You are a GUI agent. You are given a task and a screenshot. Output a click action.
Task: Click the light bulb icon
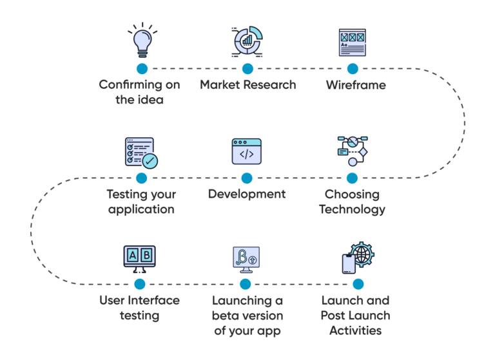tap(142, 40)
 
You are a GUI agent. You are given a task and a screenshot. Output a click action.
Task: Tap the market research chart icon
tap(247, 41)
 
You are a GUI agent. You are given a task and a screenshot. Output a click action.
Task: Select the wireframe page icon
tap(353, 43)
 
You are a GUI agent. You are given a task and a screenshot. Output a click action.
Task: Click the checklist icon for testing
tap(141, 153)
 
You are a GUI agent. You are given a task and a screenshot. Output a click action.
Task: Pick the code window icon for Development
tap(247, 151)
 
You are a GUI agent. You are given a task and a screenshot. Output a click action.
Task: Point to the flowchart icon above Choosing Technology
tap(353, 151)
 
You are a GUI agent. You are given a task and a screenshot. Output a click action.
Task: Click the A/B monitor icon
tap(139, 259)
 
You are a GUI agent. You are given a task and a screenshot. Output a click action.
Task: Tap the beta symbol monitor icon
tap(246, 260)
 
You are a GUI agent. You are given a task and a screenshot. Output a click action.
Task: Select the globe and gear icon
tap(358, 258)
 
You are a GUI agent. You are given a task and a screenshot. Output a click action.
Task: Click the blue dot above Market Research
tap(247, 68)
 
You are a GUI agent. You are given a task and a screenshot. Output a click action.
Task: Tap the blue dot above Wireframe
tap(353, 68)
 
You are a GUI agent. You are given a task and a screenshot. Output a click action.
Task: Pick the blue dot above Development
tap(247, 178)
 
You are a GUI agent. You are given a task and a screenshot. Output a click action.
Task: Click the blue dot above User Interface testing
tap(140, 284)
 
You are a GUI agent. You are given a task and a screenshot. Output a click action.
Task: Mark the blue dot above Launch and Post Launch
tap(358, 284)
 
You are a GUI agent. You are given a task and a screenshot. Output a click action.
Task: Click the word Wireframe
tap(356, 85)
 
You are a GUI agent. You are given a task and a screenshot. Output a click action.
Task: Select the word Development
tap(247, 194)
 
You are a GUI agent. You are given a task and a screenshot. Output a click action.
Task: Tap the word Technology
tap(352, 209)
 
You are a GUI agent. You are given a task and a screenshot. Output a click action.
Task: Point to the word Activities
tap(356, 330)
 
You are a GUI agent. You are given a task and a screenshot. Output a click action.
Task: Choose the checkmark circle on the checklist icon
tap(150, 161)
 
